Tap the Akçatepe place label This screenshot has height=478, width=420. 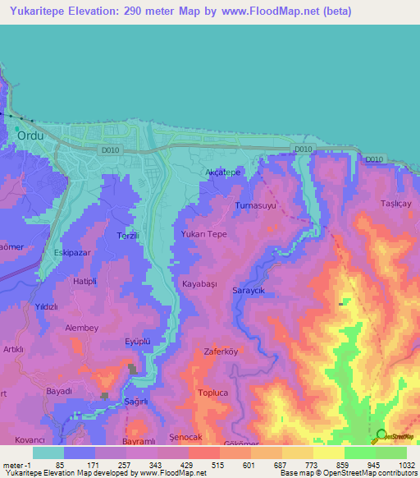(221, 173)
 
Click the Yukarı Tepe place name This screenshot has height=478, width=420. (203, 234)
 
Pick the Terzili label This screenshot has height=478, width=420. (128, 235)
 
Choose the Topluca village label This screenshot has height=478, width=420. (215, 393)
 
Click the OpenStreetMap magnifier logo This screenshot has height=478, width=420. (381, 435)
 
